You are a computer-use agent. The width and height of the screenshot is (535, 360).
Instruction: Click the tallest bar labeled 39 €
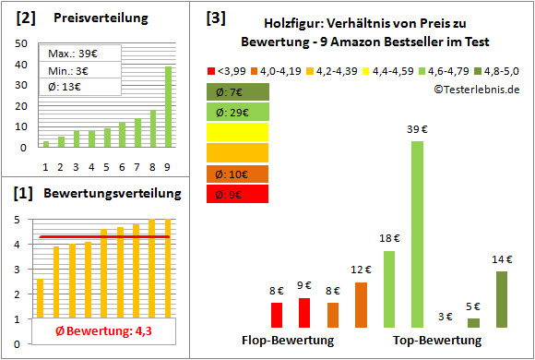click(x=417, y=234)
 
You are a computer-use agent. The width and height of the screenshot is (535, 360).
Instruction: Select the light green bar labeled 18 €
click(x=388, y=289)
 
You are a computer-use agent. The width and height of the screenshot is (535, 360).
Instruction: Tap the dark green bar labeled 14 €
click(x=502, y=299)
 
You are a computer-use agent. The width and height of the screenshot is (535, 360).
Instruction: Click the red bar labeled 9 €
click(x=304, y=312)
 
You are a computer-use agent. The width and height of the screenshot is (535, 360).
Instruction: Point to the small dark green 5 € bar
click(x=473, y=323)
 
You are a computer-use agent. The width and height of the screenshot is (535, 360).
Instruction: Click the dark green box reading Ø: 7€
click(x=237, y=91)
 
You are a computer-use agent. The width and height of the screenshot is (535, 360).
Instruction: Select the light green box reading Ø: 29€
click(x=237, y=112)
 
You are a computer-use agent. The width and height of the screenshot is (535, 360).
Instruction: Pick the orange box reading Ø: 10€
click(x=237, y=174)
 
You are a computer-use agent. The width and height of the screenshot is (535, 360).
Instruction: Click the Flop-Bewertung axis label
click(x=288, y=341)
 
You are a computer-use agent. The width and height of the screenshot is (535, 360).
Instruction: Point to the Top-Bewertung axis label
click(x=437, y=341)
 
